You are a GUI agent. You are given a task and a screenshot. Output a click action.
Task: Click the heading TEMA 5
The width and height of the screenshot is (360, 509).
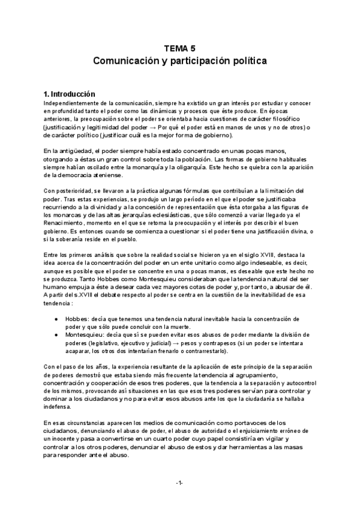click(x=180, y=49)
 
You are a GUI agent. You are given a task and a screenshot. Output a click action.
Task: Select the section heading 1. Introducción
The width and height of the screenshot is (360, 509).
click(x=70, y=94)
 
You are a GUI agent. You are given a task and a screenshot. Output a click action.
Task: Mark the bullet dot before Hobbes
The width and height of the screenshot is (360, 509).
click(x=56, y=318)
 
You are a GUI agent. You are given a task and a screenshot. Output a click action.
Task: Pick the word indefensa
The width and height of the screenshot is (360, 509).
click(x=59, y=406)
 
